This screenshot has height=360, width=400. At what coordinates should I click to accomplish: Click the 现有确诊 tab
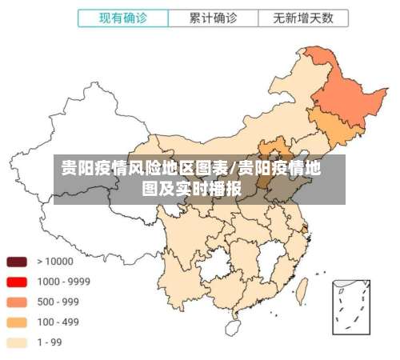point(122,17)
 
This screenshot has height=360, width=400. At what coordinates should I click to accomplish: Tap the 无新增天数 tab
point(302,17)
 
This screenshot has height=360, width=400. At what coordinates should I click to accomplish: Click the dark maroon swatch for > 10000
point(17,262)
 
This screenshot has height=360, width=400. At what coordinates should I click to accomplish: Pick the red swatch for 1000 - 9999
point(17,282)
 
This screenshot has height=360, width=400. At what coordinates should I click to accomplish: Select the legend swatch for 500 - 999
point(17,302)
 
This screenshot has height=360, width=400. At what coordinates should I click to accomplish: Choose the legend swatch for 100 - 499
point(17,322)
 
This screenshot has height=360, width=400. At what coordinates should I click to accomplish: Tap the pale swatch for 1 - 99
point(17,342)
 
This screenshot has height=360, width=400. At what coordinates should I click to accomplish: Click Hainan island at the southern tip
point(234,326)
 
